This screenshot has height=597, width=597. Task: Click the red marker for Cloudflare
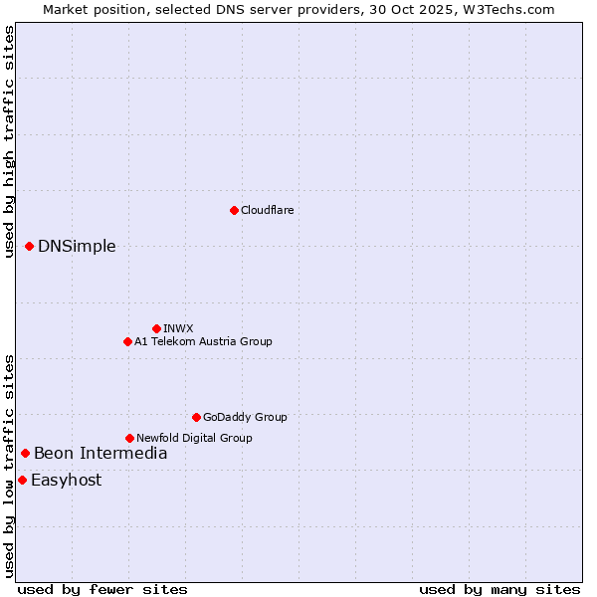coord(234,210)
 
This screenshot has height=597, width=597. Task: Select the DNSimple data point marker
coord(29,246)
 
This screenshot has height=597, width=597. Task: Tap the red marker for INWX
coord(156,328)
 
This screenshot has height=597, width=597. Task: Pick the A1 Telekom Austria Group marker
coord(127,341)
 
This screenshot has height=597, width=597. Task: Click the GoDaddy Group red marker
coord(196,417)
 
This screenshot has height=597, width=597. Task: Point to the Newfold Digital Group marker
coord(129,438)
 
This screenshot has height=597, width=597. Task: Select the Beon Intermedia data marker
coord(25,453)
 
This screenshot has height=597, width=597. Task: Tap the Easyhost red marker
coord(22,480)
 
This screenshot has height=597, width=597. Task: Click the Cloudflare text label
coord(267,210)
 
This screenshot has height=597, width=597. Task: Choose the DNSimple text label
coord(77,246)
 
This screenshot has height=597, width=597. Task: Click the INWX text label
coord(178,328)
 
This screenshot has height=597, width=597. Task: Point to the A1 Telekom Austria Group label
coord(203,341)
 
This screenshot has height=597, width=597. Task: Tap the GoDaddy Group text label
coord(245,417)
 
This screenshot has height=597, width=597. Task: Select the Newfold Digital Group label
coord(194,438)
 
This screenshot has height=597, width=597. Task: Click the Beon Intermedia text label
coord(100,453)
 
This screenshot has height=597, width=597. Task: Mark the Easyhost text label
coord(66,480)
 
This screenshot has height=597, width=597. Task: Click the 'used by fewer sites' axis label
coord(102,589)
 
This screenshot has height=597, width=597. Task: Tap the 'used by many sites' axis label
coord(499,589)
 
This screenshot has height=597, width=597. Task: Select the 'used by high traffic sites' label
coord(9,141)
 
